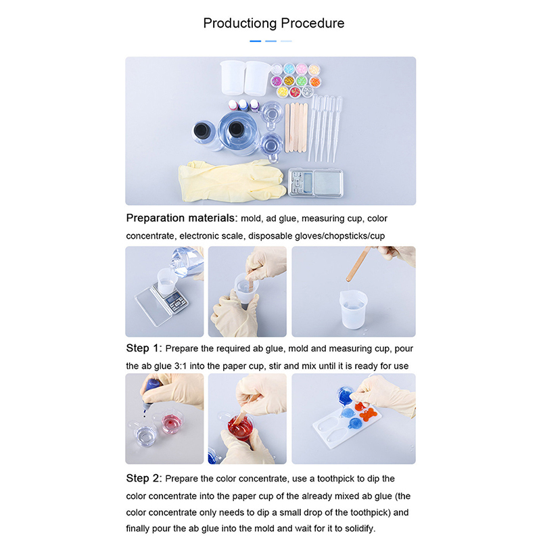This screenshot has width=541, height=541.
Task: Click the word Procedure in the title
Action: [x=312, y=23]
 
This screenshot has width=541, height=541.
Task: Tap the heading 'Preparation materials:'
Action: [x=182, y=218]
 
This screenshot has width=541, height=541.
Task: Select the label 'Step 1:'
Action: [x=144, y=348]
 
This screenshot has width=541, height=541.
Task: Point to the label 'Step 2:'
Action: [x=144, y=478]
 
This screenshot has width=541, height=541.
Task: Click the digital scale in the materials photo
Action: [x=315, y=183]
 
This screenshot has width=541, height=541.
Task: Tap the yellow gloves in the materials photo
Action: [x=231, y=181]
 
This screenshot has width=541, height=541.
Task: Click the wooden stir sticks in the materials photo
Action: [x=296, y=127]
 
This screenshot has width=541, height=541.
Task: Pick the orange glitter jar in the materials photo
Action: [x=314, y=81]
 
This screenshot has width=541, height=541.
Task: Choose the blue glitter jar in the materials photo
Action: [x=289, y=69]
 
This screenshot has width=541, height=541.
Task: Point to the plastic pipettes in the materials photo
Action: [x=325, y=128]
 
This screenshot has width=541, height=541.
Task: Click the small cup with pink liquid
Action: [x=172, y=422]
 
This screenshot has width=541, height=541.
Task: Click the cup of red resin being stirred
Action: [x=240, y=427]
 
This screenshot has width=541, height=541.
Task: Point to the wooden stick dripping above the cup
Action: [x=358, y=264]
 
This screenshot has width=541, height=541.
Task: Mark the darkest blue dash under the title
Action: [x=256, y=41]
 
